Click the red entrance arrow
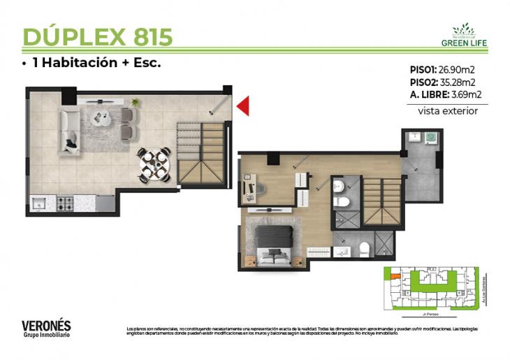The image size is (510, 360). [243, 106]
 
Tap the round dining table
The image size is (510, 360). [153, 164]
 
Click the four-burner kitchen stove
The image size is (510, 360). [66, 203]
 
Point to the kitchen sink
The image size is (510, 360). [39, 203]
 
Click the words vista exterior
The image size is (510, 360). [448, 110]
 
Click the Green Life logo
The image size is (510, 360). [464, 35]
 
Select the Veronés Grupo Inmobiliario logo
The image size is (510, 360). [46, 329]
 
